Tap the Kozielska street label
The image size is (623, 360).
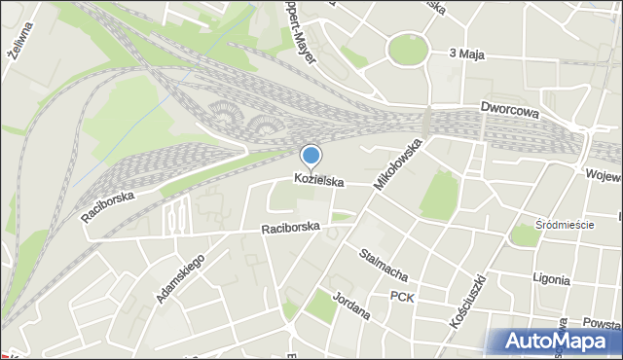point(319,181)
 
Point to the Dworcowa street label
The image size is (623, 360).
point(509,111)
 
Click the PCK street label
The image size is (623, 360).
point(402,296)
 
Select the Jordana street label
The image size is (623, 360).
point(351,306)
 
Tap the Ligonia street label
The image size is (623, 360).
point(551,278)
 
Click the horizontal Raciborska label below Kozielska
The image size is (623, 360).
point(290,229)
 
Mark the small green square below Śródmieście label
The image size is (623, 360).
point(525,235)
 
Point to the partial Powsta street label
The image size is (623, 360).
point(601,324)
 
